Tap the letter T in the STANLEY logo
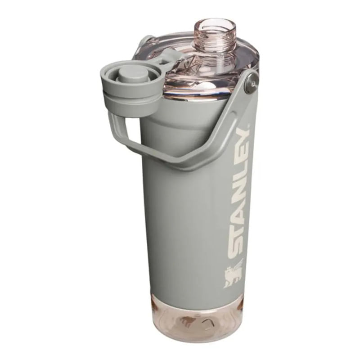[x=235, y=232]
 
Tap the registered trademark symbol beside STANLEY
[x=248, y=126]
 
